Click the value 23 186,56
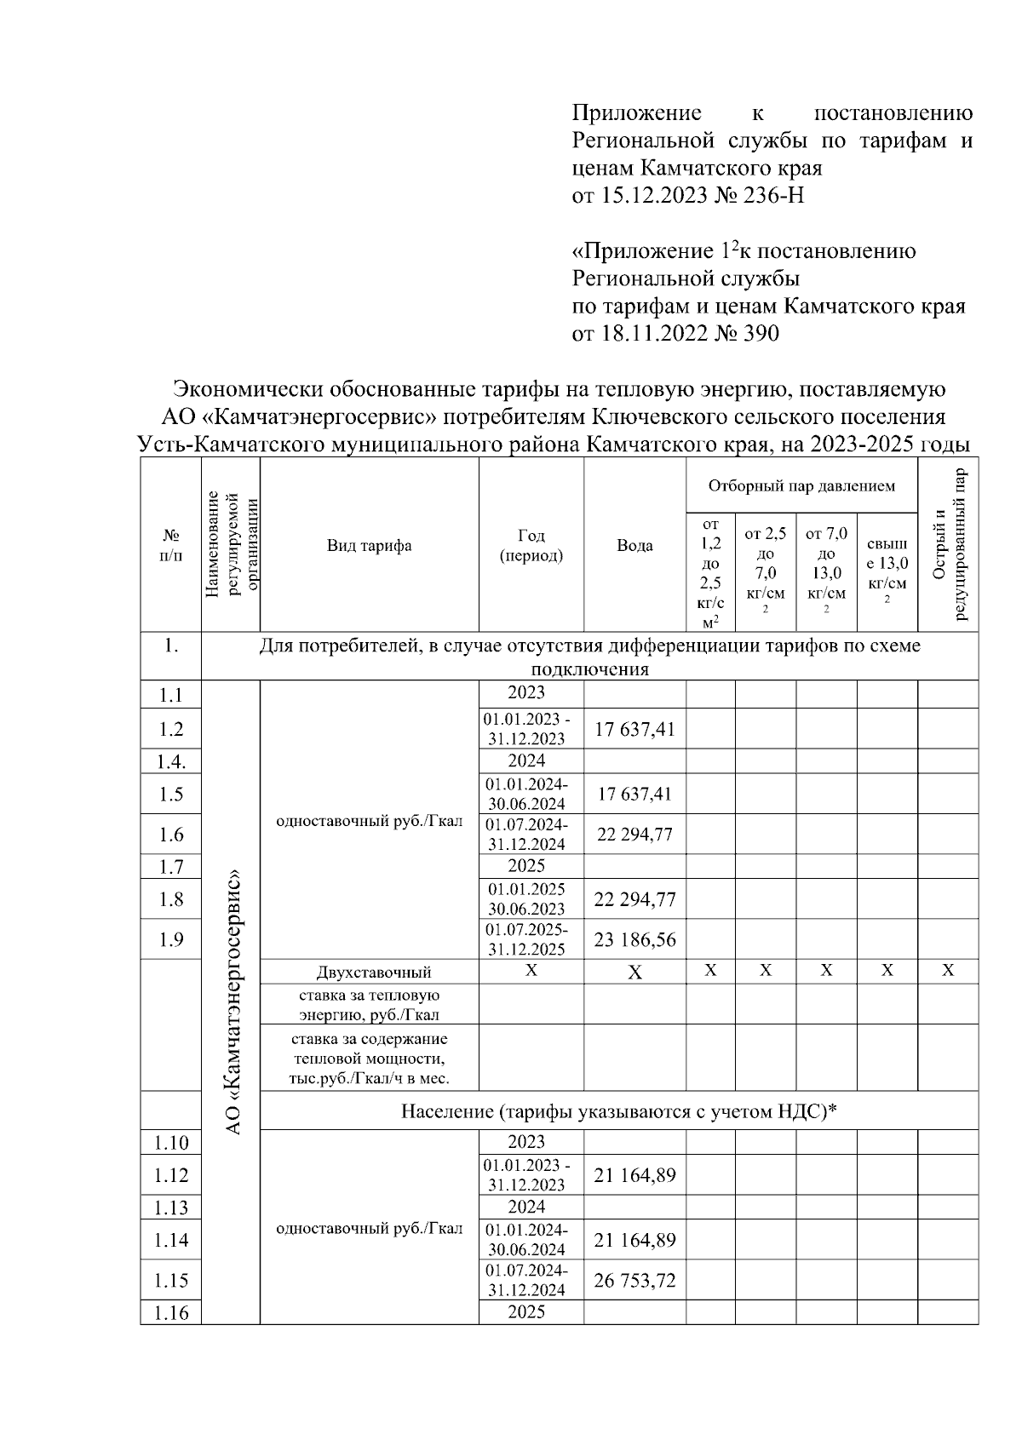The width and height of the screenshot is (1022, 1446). (634, 939)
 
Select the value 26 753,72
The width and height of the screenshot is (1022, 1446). (634, 1280)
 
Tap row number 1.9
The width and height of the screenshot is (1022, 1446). (171, 939)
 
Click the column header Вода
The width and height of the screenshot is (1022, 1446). (634, 545)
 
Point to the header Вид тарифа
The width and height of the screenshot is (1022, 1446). (369, 545)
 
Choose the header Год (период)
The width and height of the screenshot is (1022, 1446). (531, 545)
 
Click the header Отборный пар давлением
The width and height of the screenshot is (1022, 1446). (801, 486)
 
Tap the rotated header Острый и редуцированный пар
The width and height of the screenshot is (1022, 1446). (948, 545)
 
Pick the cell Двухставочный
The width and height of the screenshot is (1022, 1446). (373, 972)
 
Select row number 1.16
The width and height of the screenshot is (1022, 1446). (171, 1312)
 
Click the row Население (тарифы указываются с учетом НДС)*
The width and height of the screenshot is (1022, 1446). (619, 1110)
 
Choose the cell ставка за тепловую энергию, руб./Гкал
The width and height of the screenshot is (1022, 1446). (369, 1004)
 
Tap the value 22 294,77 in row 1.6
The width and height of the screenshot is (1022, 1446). (634, 835)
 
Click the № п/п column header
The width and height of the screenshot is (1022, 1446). (171, 545)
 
